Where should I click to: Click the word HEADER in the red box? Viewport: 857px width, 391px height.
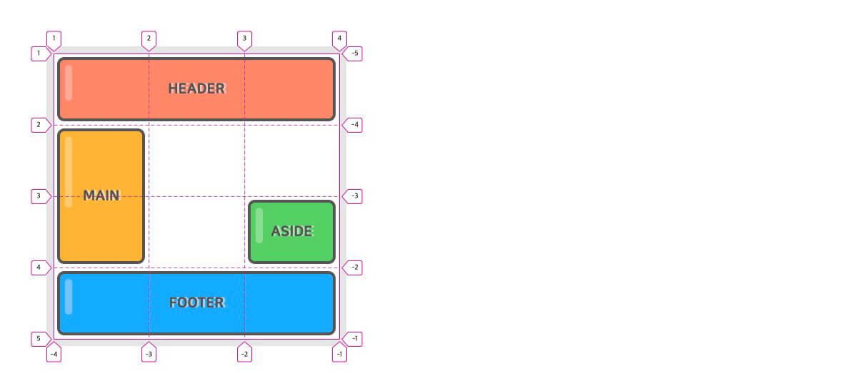pyautogui.click(x=196, y=88)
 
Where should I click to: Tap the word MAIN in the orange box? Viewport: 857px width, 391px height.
pyautogui.click(x=101, y=195)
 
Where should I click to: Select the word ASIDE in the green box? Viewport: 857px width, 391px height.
pyautogui.click(x=291, y=231)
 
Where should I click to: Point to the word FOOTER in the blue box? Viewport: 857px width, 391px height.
pyautogui.click(x=196, y=303)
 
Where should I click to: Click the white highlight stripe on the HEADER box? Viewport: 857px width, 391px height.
pyautogui.click(x=69, y=83)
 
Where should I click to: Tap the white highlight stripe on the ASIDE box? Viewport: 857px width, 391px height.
pyautogui.click(x=259, y=225)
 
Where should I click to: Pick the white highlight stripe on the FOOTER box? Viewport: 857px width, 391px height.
pyautogui.click(x=69, y=297)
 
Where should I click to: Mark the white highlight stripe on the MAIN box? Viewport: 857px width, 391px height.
pyautogui.click(x=69, y=171)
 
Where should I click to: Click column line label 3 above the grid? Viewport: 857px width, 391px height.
pyautogui.click(x=244, y=38)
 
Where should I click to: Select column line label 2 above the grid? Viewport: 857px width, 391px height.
pyautogui.click(x=149, y=38)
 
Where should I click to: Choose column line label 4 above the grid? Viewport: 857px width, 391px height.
pyautogui.click(x=339, y=38)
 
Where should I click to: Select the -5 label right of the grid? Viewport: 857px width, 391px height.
pyautogui.click(x=354, y=54)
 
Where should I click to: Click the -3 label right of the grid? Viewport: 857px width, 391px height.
pyautogui.click(x=354, y=196)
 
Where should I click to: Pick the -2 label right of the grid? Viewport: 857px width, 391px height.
pyautogui.click(x=354, y=268)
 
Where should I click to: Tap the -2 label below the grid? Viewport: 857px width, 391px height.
pyautogui.click(x=244, y=354)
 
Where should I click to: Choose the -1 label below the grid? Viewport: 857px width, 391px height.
pyautogui.click(x=339, y=354)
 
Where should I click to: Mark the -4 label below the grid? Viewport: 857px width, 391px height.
pyautogui.click(x=54, y=354)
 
